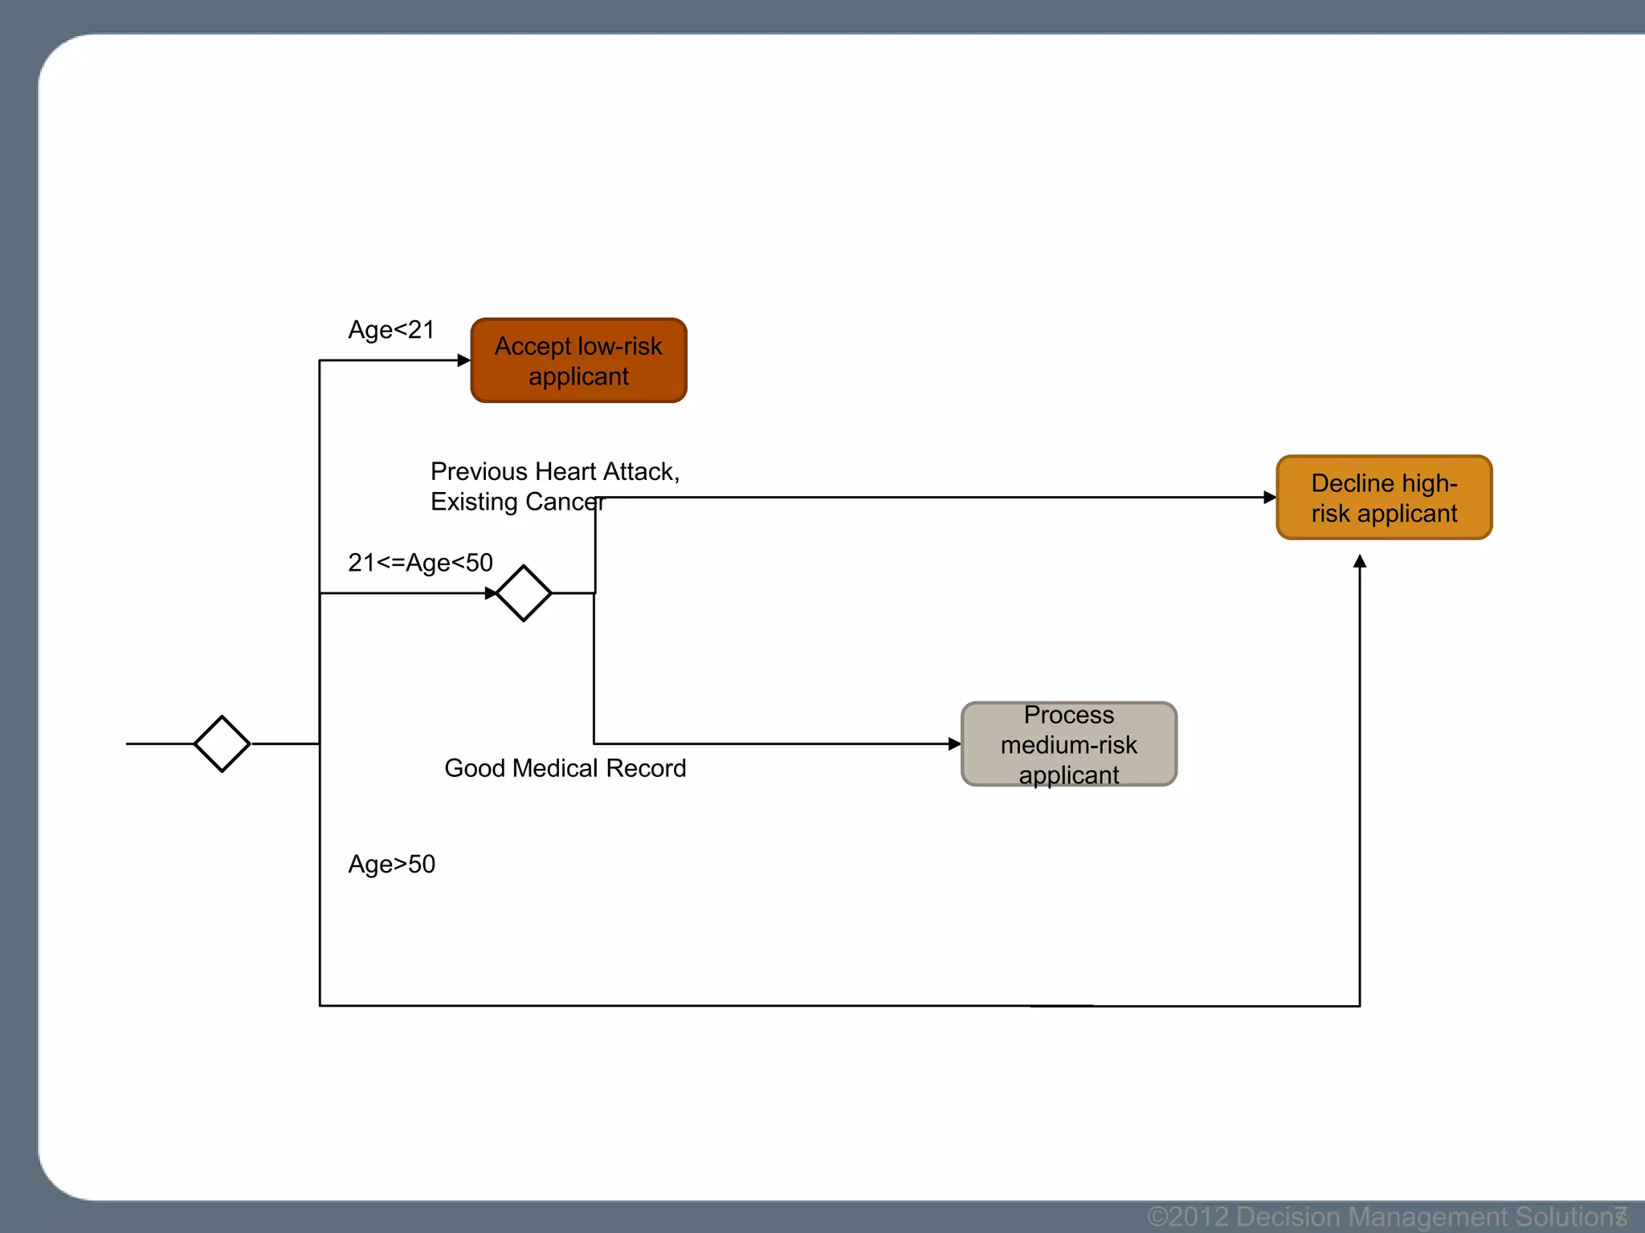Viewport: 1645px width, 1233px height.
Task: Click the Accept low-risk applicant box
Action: coord(578,360)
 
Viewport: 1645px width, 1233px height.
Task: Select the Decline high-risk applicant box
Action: coord(1384,498)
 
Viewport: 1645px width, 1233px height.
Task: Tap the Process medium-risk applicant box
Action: coord(1068,744)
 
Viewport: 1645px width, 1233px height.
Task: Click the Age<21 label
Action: coord(391,330)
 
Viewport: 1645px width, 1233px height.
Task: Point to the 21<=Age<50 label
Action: coord(420,563)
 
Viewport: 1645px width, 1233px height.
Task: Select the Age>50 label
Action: coord(391,865)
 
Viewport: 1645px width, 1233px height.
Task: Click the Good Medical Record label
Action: coord(565,768)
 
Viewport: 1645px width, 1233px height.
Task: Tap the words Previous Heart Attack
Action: coord(554,471)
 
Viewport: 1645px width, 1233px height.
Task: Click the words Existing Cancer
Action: coord(516,502)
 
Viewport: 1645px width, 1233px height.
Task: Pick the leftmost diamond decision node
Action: coord(222,744)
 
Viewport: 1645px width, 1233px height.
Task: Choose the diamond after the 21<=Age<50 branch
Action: coord(524,593)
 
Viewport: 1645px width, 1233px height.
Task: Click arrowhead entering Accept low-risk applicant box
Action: coord(463,360)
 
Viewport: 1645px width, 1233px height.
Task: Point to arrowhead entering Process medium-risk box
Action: coord(954,744)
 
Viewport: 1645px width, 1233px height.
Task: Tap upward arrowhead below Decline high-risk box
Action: coord(1360,561)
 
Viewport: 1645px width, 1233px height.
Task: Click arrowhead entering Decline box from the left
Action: coord(1269,498)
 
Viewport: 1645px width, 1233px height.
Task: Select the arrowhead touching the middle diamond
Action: coord(491,593)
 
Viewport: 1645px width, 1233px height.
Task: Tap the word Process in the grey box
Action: coord(1068,714)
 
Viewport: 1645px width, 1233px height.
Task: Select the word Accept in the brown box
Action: coord(533,346)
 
